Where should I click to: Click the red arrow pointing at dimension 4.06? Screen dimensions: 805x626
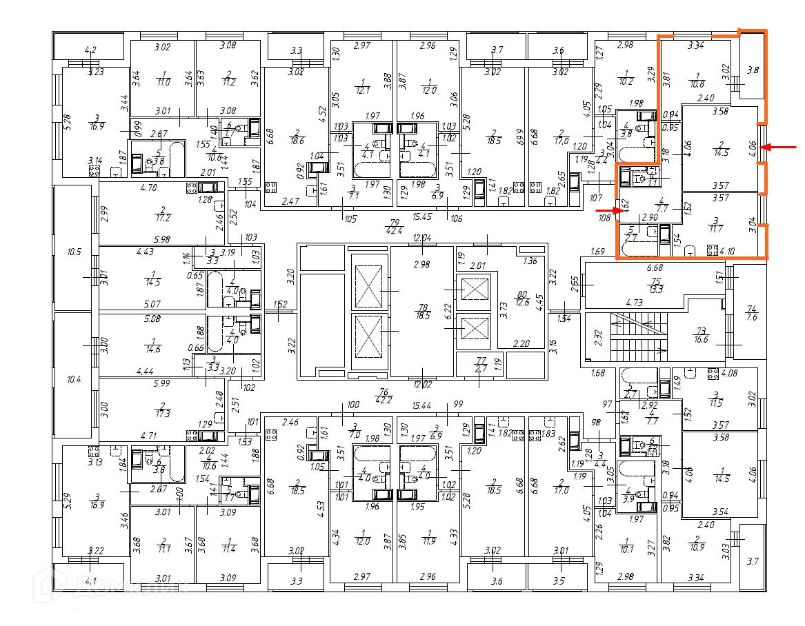(782, 147)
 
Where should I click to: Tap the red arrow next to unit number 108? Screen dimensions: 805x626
(606, 210)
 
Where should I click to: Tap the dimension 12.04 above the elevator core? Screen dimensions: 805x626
(421, 238)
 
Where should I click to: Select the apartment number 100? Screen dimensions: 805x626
(353, 405)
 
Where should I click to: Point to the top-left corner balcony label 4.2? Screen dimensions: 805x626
(90, 50)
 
